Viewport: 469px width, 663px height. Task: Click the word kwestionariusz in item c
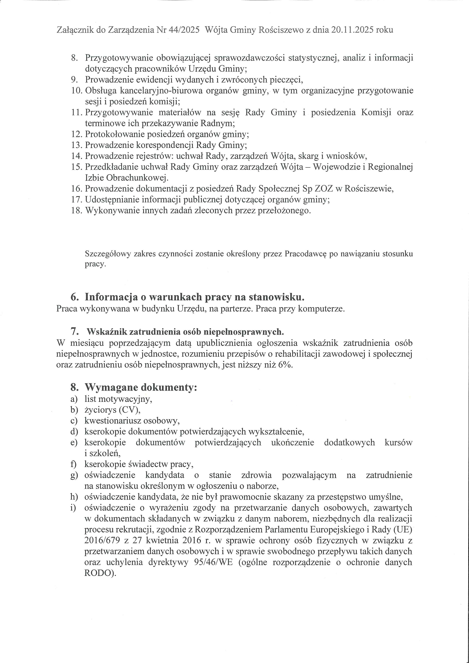pos(113,421)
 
